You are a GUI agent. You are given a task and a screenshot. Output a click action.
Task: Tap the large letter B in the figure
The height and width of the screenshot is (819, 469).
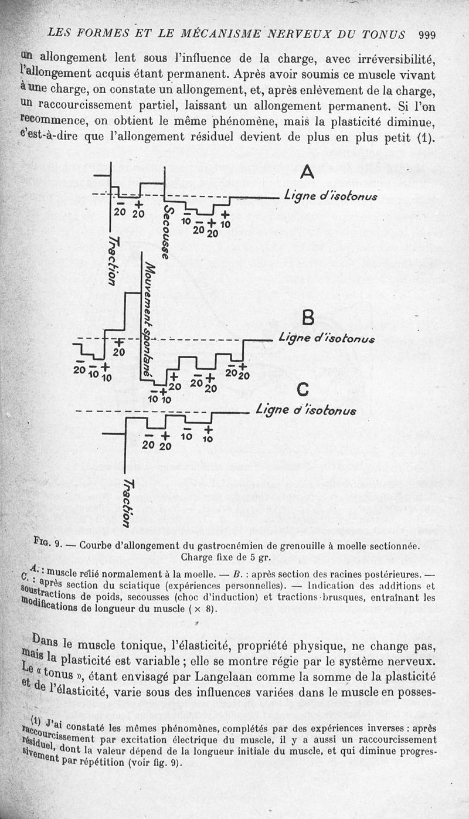click(308, 318)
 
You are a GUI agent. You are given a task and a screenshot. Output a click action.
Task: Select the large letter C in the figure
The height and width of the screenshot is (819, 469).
click(303, 390)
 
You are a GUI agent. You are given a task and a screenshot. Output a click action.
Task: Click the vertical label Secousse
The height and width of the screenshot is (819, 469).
click(167, 232)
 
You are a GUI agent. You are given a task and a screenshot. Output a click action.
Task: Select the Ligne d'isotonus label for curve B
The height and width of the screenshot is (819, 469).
click(327, 338)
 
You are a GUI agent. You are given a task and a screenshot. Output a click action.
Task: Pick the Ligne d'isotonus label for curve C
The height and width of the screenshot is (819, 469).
click(306, 410)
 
